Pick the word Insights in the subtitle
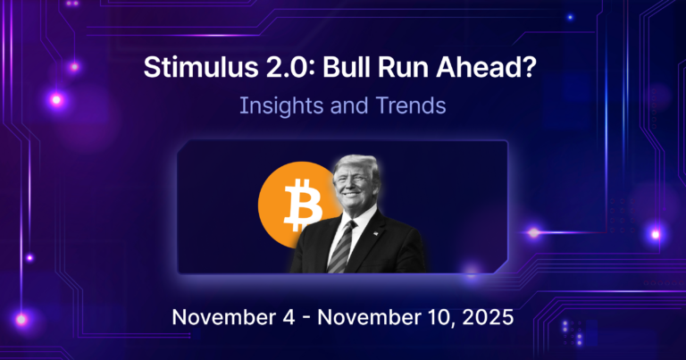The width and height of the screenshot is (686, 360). (x=273, y=107)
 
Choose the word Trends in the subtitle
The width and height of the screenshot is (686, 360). (x=406, y=107)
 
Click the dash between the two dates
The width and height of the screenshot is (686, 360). (x=282, y=318)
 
